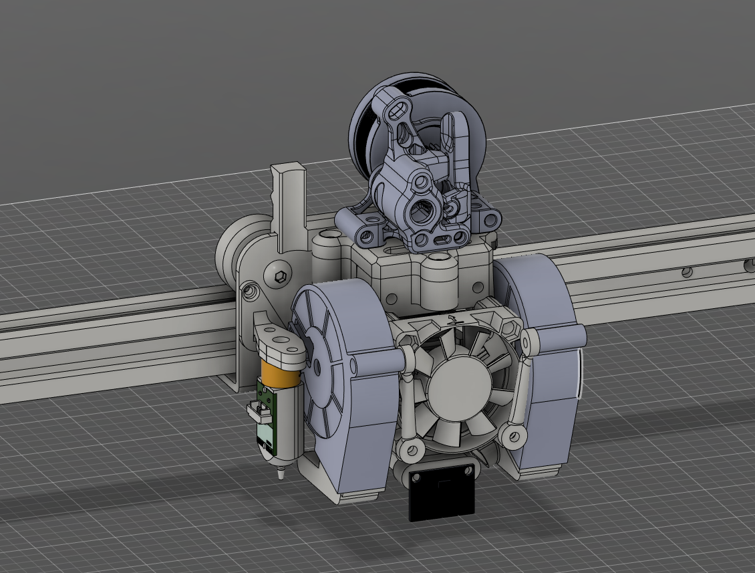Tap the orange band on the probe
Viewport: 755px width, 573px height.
pyautogui.click(x=281, y=371)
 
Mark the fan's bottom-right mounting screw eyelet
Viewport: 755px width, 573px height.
pyautogui.click(x=513, y=437)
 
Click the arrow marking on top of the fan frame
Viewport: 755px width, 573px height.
pyautogui.click(x=454, y=320)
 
